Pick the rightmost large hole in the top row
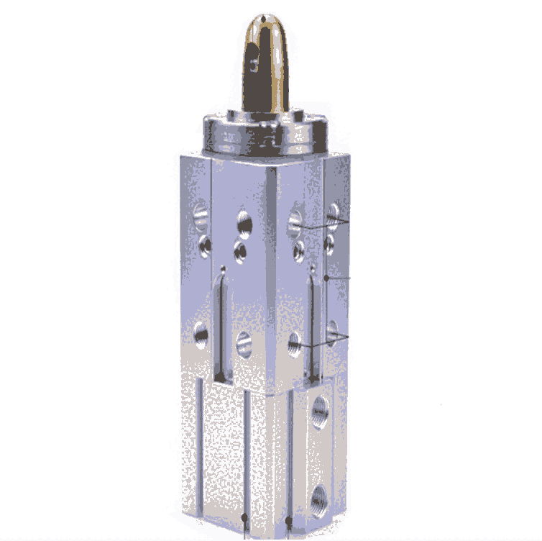point(332,212)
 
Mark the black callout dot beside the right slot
point(326,277)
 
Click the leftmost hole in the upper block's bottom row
point(201,332)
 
